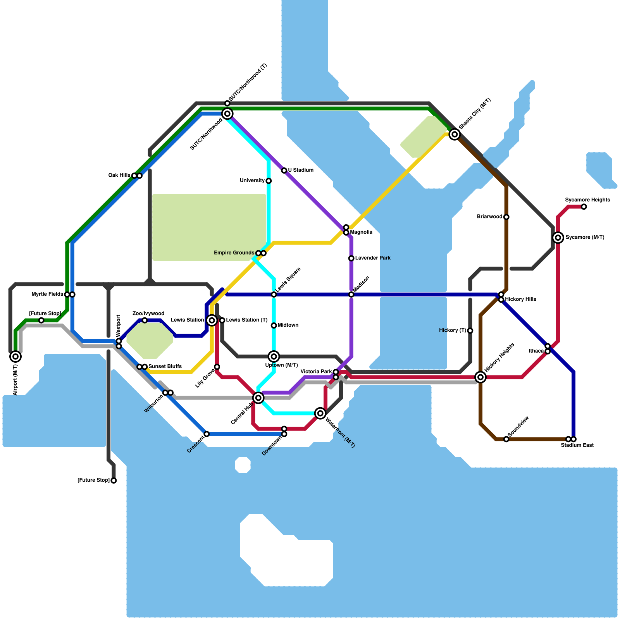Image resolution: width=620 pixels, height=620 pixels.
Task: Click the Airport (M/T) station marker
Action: coord(15,356)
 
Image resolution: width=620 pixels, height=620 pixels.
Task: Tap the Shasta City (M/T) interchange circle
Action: coord(455,134)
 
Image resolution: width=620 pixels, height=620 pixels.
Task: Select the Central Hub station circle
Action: coord(258,398)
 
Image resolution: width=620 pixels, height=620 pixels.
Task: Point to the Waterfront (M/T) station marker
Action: coord(320,413)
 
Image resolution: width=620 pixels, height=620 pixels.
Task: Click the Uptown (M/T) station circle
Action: coord(274,356)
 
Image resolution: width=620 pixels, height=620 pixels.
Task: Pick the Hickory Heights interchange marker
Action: coord(480,377)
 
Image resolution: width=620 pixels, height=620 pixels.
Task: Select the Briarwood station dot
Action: coord(506,217)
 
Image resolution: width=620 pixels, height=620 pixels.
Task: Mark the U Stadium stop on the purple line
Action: coord(284,170)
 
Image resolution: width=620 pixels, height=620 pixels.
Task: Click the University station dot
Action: coord(269,181)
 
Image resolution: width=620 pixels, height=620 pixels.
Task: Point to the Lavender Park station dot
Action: coord(351,258)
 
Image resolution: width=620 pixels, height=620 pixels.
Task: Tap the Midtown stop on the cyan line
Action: coord(274,325)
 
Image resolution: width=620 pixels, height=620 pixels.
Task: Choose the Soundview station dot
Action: coord(506,439)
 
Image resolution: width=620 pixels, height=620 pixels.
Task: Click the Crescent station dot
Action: coord(207,434)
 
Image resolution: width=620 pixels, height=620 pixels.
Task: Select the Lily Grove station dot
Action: coord(217,367)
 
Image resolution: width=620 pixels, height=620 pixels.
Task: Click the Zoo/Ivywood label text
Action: coord(148,313)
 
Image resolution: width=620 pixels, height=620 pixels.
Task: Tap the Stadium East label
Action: coord(577,446)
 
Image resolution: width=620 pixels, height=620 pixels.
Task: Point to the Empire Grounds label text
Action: coord(234,253)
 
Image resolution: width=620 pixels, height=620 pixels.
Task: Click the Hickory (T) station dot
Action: coord(470,331)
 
